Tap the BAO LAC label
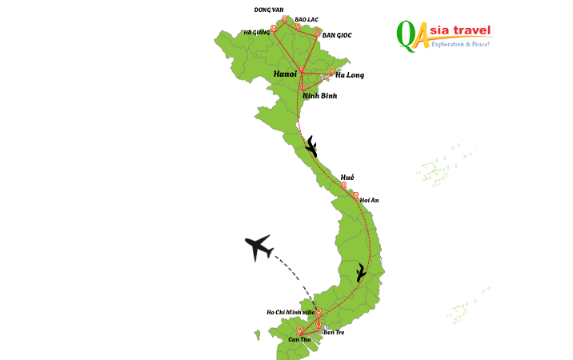tap(306, 18)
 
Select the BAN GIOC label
tap(337, 35)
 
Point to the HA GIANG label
tap(256, 33)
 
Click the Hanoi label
tap(285, 74)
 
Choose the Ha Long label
tap(350, 75)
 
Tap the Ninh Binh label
tap(319, 96)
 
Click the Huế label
tap(347, 177)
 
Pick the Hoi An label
tap(370, 200)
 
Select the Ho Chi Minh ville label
tap(291, 312)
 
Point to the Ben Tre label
tap(334, 331)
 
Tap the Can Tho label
tap(299, 340)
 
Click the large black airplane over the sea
tap(258, 247)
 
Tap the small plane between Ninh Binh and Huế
tap(311, 147)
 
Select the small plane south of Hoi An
tap(362, 273)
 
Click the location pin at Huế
tap(344, 186)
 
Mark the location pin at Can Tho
tap(299, 330)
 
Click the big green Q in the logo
tap(407, 36)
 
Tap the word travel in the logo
tap(469, 30)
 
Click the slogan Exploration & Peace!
tap(460, 44)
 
